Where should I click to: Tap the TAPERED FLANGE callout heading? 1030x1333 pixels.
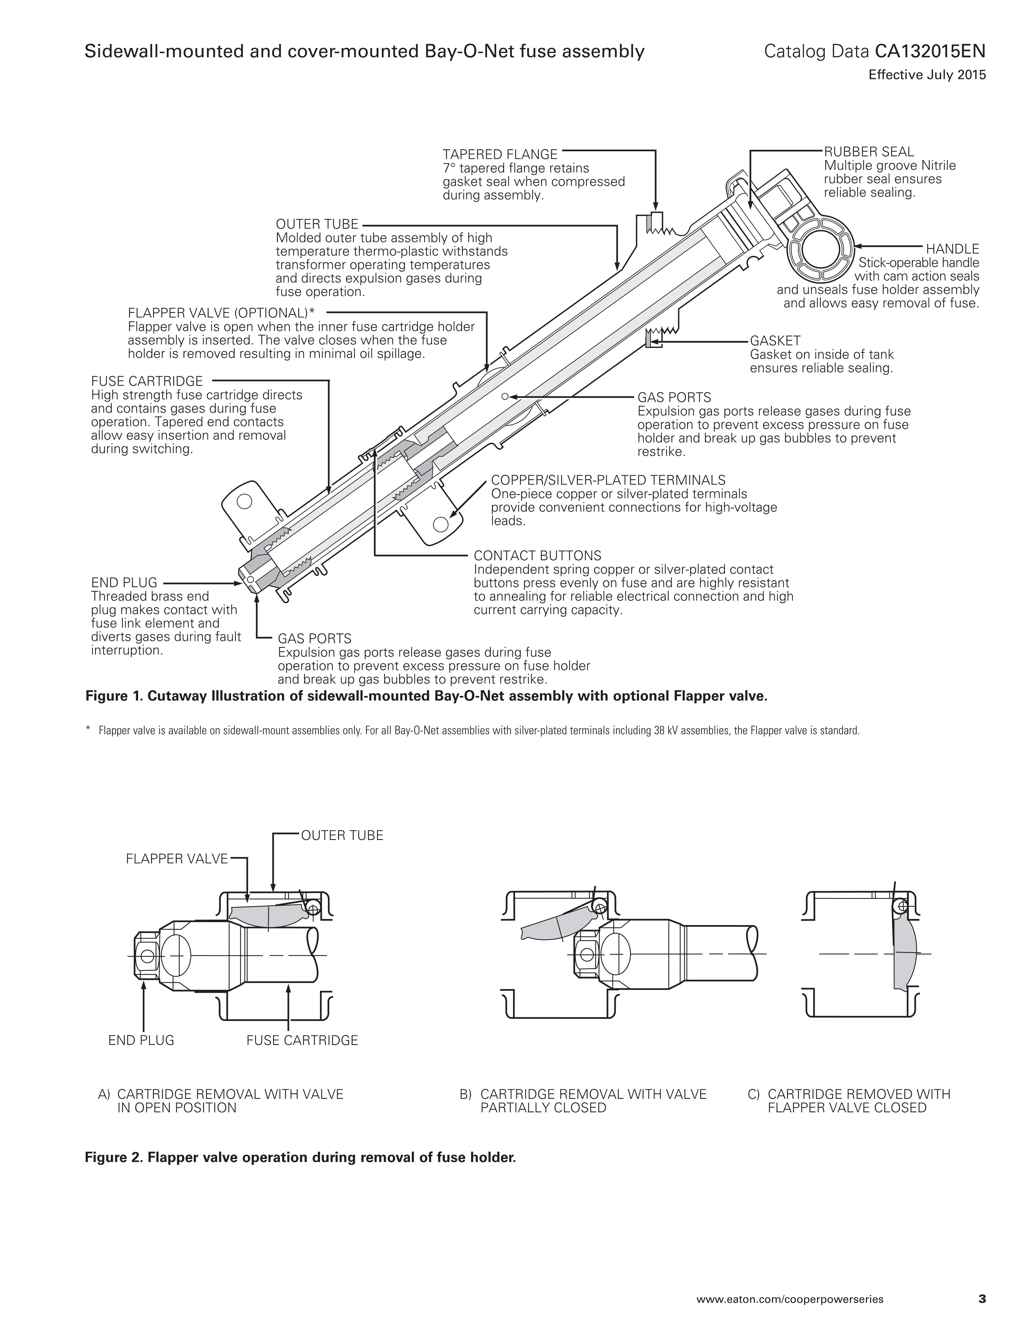click(500, 154)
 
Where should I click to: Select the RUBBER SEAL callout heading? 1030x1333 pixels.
click(869, 151)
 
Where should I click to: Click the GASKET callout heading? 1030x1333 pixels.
click(775, 341)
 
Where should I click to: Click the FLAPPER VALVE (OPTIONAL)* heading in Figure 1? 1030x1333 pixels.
click(221, 313)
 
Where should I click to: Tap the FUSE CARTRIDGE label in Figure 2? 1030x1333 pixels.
click(302, 1040)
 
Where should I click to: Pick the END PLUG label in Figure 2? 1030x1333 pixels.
click(141, 1040)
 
